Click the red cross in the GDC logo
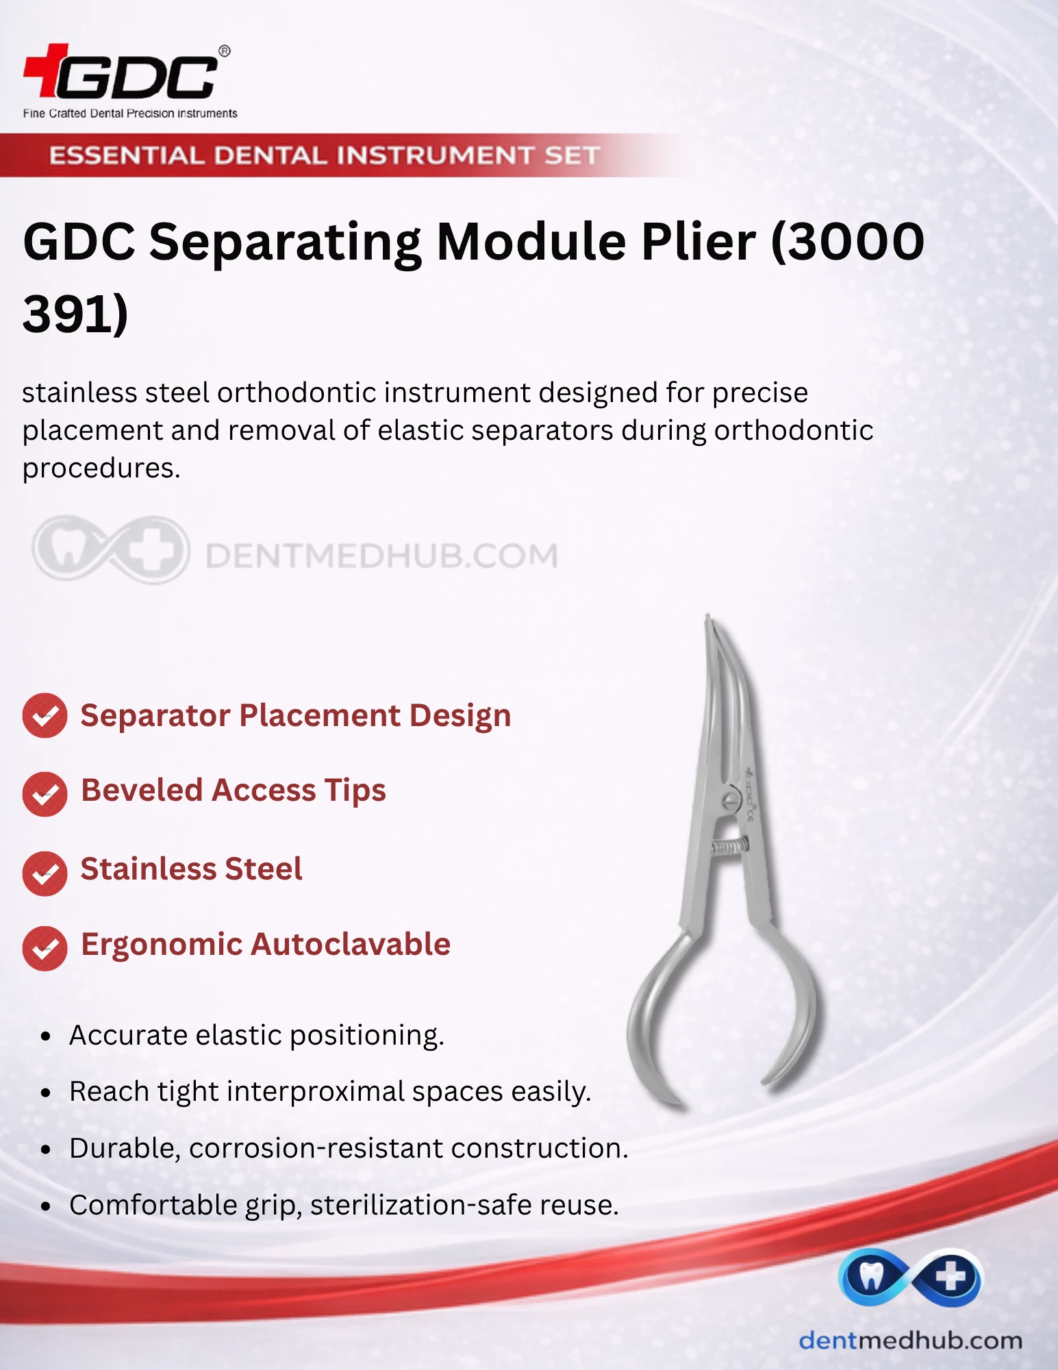[47, 69]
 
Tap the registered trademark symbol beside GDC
[225, 51]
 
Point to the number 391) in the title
[75, 314]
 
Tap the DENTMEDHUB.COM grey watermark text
[381, 556]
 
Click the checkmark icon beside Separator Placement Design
[45, 716]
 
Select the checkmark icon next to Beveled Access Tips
[45, 795]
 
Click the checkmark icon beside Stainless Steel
[45, 873]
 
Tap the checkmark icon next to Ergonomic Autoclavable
[45, 949]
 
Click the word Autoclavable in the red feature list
[351, 944]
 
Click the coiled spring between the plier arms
[729, 847]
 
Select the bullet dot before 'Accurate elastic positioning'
[46, 1036]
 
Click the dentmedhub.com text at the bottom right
[911, 1340]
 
